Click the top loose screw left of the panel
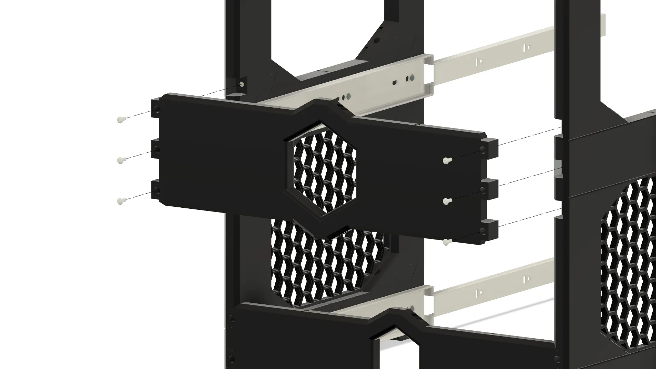tap(121, 120)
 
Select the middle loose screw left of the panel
tap(121, 160)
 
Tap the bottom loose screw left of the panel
tap(121, 201)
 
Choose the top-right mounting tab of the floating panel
tap(491, 146)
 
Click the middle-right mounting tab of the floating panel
tap(491, 186)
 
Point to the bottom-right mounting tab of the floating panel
tap(491, 227)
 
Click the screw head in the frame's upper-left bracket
tap(242, 84)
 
